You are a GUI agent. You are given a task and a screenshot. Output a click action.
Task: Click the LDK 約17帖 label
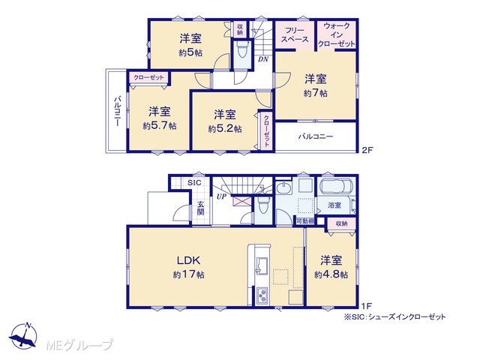189,267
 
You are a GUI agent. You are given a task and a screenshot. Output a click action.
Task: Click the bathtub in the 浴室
337,186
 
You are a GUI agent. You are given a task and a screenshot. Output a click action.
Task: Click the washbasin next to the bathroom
285,188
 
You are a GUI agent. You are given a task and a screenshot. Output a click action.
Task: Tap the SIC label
194,183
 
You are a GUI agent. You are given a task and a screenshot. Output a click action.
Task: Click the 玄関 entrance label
200,208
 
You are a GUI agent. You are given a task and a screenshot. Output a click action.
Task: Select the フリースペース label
295,35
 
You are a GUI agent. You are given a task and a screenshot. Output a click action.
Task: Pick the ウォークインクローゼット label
337,35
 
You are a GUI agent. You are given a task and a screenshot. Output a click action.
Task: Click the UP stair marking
221,196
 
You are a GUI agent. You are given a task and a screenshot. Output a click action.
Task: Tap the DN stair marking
263,59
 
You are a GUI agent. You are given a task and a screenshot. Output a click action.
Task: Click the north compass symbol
23,335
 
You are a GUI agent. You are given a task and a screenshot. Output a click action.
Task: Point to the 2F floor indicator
367,150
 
